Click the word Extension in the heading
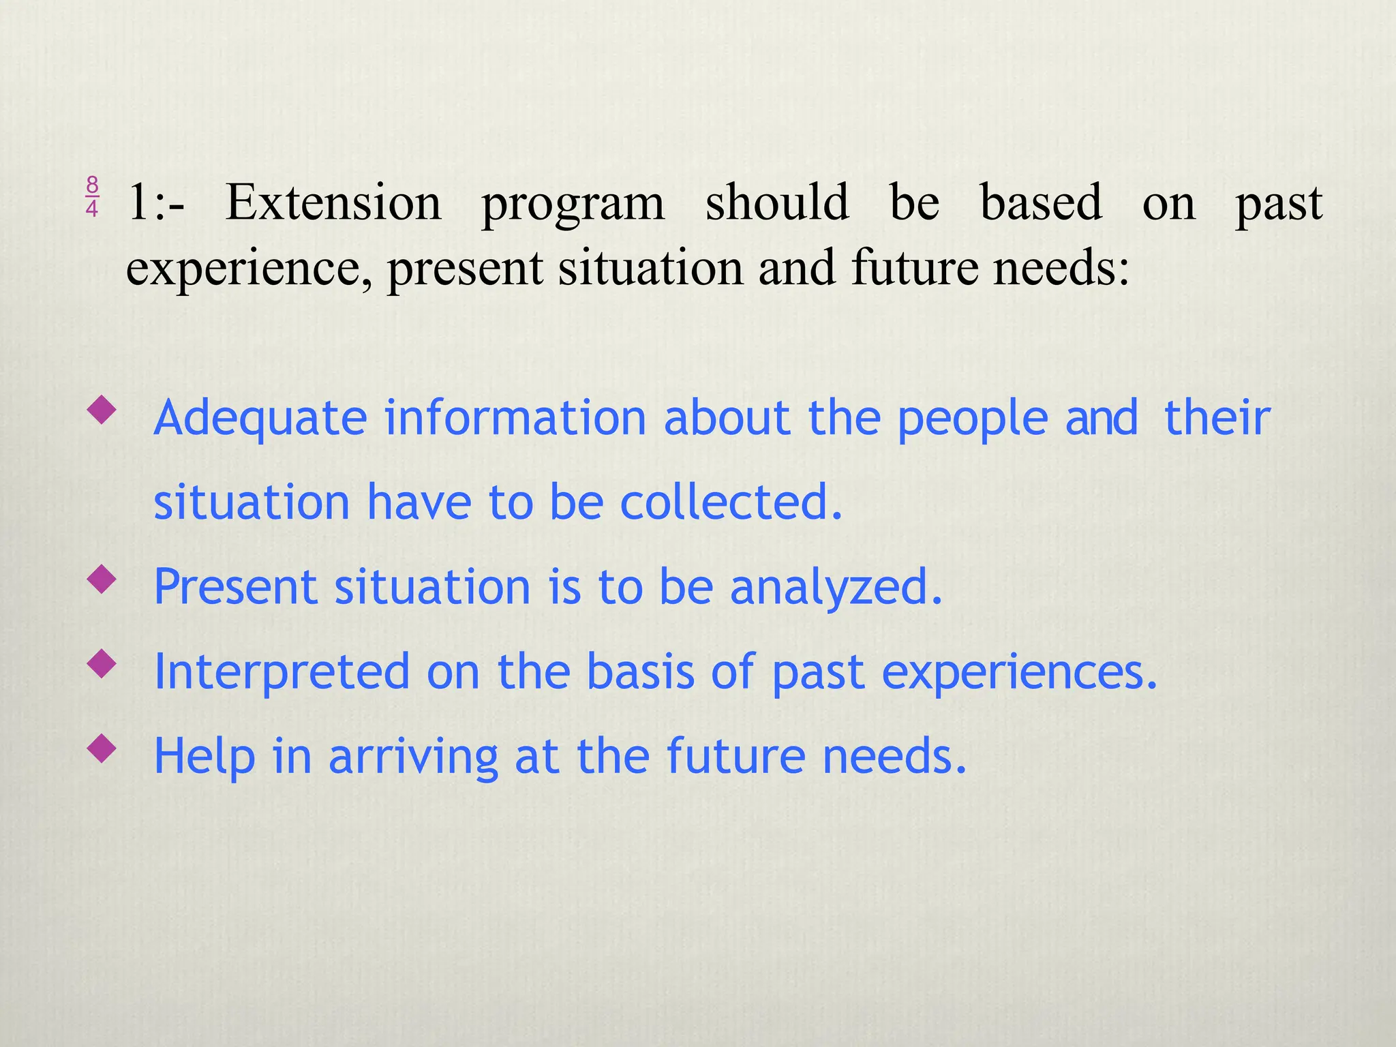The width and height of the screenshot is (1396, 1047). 333,202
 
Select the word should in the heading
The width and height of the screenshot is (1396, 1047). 777,202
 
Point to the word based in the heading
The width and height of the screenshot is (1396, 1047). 1041,202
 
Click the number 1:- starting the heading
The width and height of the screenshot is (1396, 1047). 155,202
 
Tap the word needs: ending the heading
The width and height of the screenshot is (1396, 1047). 1061,267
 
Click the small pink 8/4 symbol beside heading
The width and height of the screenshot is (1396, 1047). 92,196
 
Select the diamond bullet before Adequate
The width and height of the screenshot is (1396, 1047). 102,411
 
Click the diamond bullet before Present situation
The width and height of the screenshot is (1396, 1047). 102,580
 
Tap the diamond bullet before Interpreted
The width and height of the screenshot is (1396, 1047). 102,665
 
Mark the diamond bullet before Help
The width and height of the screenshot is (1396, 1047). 102,749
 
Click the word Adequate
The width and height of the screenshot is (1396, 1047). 260,418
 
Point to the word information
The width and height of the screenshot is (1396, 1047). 515,417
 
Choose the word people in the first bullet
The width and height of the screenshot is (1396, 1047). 972,418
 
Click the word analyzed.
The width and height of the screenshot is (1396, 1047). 836,587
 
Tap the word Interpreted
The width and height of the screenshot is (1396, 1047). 282,672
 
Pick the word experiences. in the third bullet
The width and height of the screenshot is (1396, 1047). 1020,672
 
